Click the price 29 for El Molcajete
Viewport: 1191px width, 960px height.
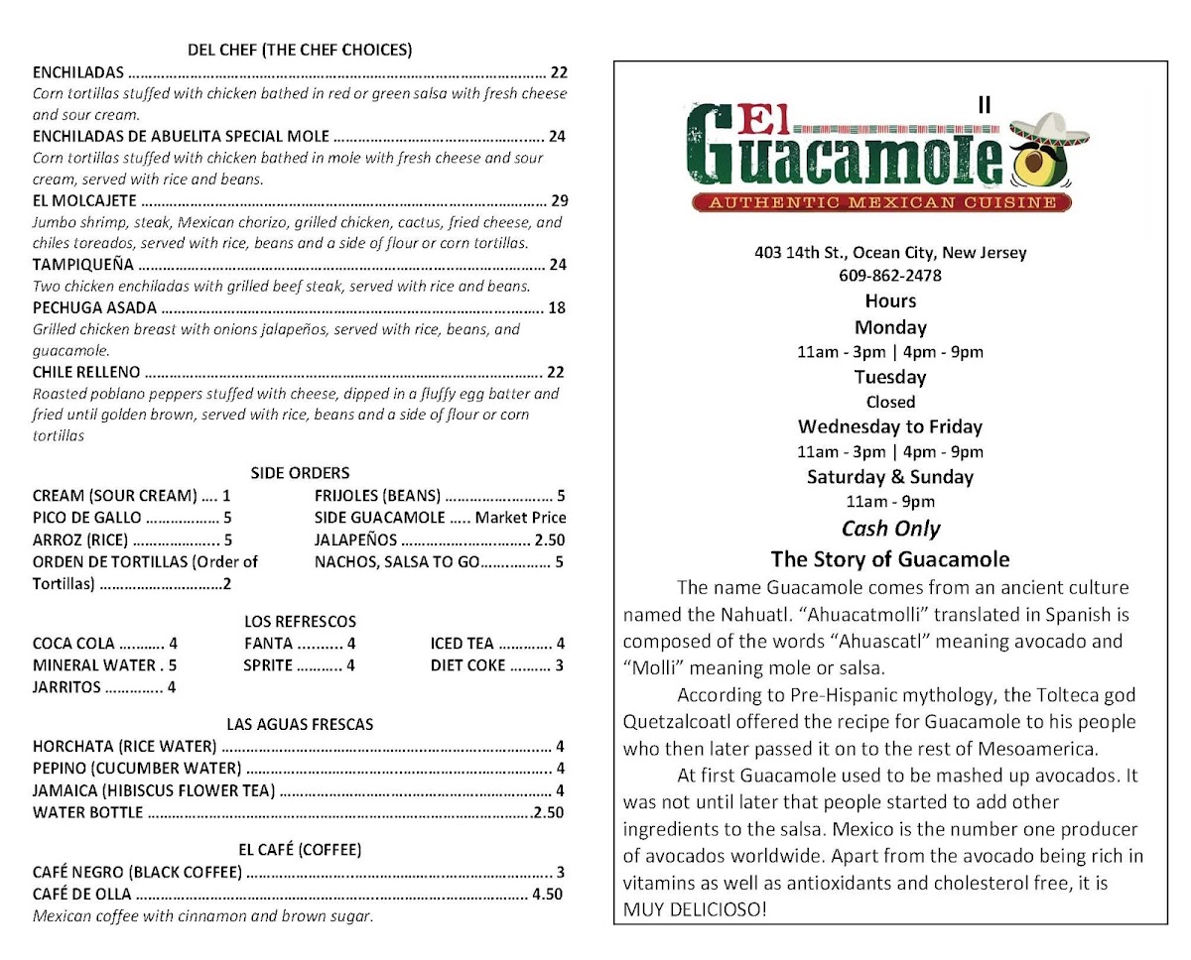tap(557, 200)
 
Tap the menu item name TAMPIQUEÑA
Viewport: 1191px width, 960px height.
tap(83, 265)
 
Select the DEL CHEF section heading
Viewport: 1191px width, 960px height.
tap(300, 50)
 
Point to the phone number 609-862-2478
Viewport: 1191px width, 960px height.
tap(890, 276)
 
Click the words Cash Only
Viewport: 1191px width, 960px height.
tap(890, 529)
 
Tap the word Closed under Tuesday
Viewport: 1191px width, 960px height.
tap(890, 402)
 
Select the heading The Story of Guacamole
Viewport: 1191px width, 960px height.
tap(890, 558)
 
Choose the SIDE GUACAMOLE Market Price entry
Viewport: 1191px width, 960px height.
tap(440, 518)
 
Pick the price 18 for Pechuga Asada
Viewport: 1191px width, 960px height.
tap(557, 307)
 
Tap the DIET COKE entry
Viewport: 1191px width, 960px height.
tap(496, 665)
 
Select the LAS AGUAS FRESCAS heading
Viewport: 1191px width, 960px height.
tap(300, 725)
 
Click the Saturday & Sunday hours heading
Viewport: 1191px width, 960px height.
tap(890, 477)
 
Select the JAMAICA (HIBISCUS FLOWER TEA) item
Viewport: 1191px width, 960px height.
tap(154, 791)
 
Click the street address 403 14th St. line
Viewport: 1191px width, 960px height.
tap(890, 252)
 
